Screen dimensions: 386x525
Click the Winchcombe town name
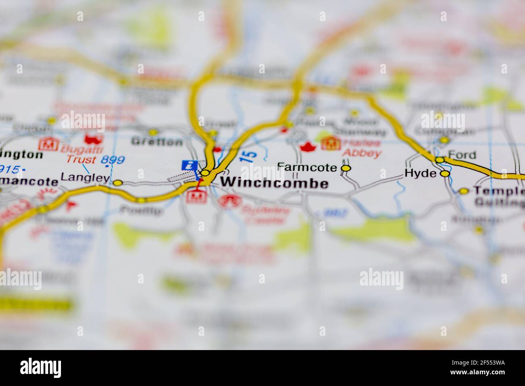[274, 184]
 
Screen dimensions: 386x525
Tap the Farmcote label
[307, 167]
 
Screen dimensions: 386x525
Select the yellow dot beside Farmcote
[346, 168]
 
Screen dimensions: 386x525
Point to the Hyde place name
[420, 174]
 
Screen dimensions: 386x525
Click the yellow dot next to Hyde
[445, 174]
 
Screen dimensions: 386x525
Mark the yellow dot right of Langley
[118, 183]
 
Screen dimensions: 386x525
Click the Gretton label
[157, 142]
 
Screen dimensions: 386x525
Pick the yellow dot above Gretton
[153, 132]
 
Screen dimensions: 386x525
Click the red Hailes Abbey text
[361, 148]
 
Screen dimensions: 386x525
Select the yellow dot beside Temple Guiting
[464, 191]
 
